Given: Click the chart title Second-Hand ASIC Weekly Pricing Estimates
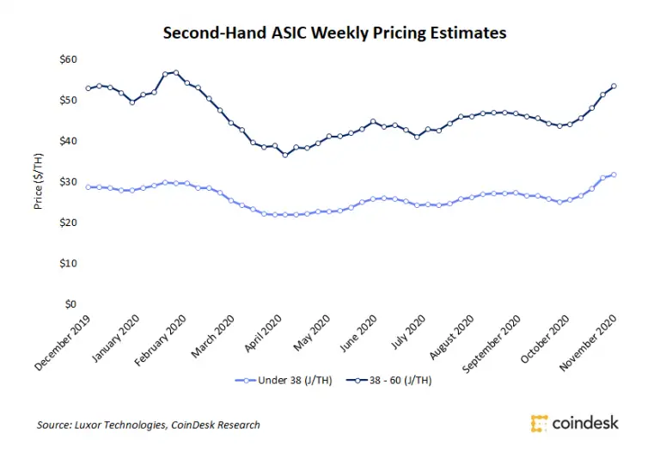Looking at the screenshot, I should click(x=334, y=34).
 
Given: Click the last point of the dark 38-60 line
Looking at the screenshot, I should click(x=614, y=86).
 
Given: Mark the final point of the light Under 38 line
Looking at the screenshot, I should click(x=614, y=174).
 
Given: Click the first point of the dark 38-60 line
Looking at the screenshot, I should click(x=88, y=89).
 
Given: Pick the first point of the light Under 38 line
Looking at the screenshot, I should click(x=88, y=186).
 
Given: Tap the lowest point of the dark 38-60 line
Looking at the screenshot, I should click(x=285, y=155).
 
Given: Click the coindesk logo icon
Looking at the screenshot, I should click(x=540, y=423).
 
